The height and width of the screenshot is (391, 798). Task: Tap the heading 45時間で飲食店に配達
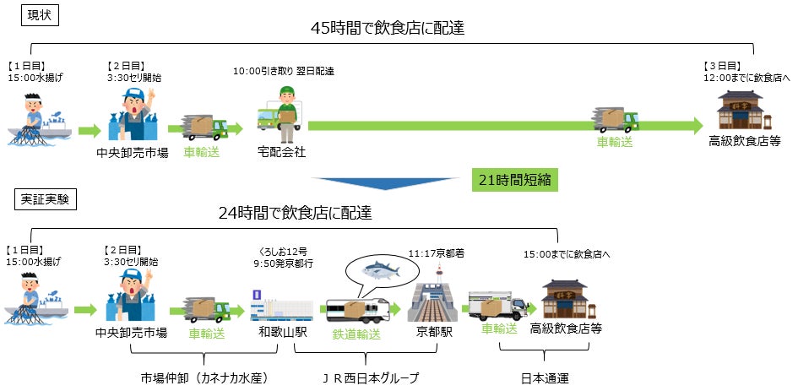point(388,28)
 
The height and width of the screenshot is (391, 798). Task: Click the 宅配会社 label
point(281,153)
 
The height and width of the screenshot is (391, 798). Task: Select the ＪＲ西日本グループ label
point(372,377)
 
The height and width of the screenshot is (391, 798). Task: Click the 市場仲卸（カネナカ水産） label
point(196,377)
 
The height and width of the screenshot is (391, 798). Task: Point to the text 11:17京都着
point(436,253)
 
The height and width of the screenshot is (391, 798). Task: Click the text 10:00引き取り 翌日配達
point(285,71)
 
